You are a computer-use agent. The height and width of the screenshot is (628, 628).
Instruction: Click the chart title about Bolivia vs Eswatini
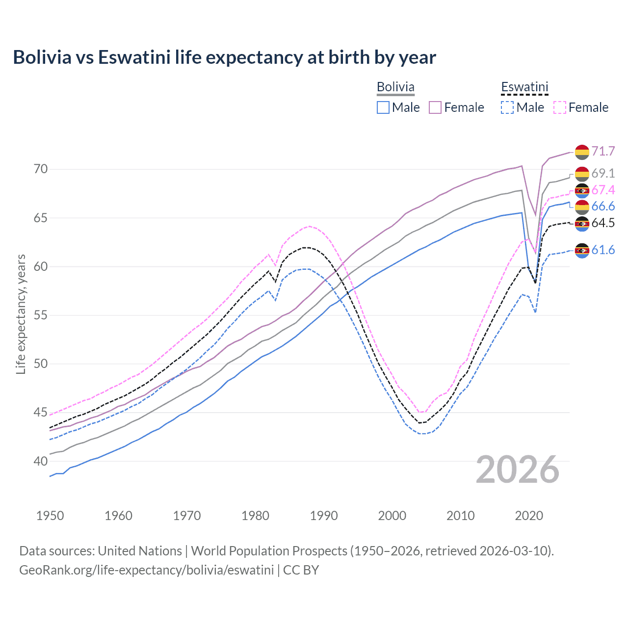224,57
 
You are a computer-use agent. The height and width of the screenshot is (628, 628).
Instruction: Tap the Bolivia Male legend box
383,107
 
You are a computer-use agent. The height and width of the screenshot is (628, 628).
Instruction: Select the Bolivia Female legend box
435,107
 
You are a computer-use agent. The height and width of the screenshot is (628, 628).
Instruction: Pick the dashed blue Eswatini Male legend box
507,107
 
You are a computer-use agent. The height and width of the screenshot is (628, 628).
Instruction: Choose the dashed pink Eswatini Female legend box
560,107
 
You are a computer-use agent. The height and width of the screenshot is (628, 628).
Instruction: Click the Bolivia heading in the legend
395,87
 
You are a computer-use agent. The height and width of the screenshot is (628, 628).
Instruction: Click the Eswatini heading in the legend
524,87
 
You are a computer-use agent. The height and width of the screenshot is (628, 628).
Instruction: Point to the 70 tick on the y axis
41,169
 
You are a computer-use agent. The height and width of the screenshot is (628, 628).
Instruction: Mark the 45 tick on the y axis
41,413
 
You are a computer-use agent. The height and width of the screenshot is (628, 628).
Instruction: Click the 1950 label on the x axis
50,516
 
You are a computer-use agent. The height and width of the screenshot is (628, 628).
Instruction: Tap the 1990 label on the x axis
324,516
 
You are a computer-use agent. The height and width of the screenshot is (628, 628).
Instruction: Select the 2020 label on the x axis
529,516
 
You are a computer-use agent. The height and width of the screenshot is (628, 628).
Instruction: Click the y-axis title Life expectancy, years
21,314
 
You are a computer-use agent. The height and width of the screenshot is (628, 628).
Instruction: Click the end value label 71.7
603,151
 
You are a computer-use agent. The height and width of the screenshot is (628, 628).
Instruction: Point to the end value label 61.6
603,250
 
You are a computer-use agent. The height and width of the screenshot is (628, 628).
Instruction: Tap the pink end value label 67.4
603,190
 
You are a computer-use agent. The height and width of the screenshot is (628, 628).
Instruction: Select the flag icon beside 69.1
582,174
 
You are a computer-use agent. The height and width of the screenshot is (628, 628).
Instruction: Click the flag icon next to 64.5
582,224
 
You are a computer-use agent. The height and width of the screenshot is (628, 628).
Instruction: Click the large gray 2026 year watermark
518,470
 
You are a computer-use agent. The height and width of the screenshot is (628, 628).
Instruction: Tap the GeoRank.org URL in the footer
146,570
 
